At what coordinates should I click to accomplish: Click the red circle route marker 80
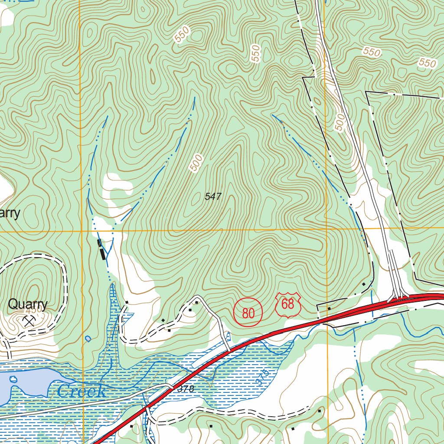[248, 312]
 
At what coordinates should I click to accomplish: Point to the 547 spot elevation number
[213, 196]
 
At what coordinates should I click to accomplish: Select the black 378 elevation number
[186, 389]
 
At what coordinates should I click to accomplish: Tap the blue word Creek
[81, 391]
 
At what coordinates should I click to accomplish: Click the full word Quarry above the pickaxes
[28, 304]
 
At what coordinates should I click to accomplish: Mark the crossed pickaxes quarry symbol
[29, 321]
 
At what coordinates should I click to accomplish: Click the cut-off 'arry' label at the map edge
[10, 214]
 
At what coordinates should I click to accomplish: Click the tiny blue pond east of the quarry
[88, 338]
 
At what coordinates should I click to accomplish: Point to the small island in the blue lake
[13, 380]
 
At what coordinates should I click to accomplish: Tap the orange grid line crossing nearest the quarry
[81, 231]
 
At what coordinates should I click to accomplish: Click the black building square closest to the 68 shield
[329, 309]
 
